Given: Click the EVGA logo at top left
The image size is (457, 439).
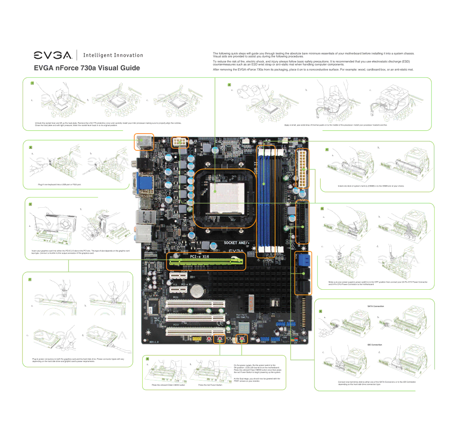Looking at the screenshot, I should [53, 55].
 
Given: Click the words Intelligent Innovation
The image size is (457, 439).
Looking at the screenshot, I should [113, 55].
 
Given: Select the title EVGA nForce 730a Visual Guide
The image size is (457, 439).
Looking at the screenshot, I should [87, 68].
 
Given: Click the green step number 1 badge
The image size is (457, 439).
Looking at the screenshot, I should [32, 82].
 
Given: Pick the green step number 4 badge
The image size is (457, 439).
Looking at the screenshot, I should [327, 150].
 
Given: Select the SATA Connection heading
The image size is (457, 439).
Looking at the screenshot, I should [375, 306].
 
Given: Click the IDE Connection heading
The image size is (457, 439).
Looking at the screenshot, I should [374, 345].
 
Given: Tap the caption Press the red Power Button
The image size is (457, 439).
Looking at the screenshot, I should [210, 385].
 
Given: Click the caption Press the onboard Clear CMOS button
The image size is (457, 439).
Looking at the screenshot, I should [168, 385].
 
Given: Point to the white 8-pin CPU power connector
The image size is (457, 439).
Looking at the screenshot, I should [179, 142].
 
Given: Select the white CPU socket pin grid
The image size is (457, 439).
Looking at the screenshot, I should [215, 192].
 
